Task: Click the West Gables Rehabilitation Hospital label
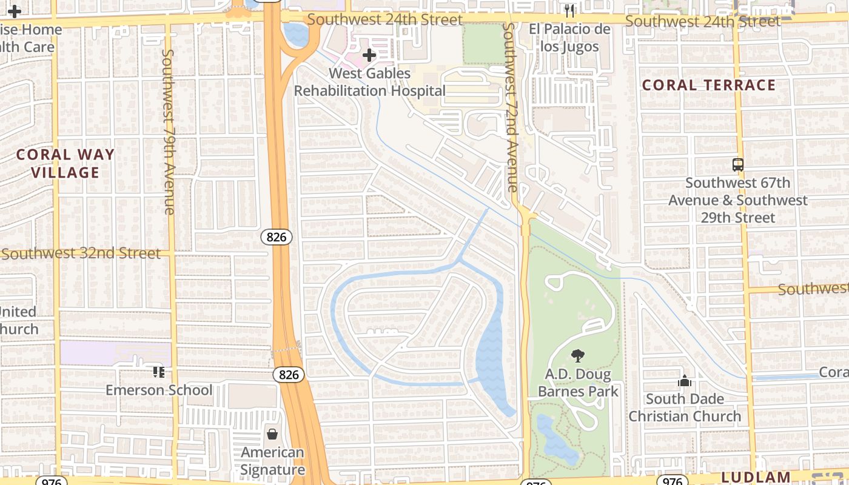[370, 82]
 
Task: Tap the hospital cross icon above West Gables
[369, 55]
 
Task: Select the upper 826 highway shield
[277, 237]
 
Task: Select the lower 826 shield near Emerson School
[289, 375]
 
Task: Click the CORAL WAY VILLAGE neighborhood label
[65, 164]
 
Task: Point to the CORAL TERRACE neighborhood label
[709, 85]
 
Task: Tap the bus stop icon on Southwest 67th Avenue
[738, 164]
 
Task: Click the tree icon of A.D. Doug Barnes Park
[578, 356]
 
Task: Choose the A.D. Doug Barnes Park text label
[578, 383]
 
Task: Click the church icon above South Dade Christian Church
[685, 381]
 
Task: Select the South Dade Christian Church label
[685, 407]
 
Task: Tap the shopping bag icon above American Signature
[272, 434]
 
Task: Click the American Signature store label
[272, 461]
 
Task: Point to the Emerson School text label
[159, 390]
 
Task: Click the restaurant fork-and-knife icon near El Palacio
[569, 11]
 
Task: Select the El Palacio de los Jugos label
[569, 38]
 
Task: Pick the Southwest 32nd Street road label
[81, 253]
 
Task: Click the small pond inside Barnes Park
[554, 440]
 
